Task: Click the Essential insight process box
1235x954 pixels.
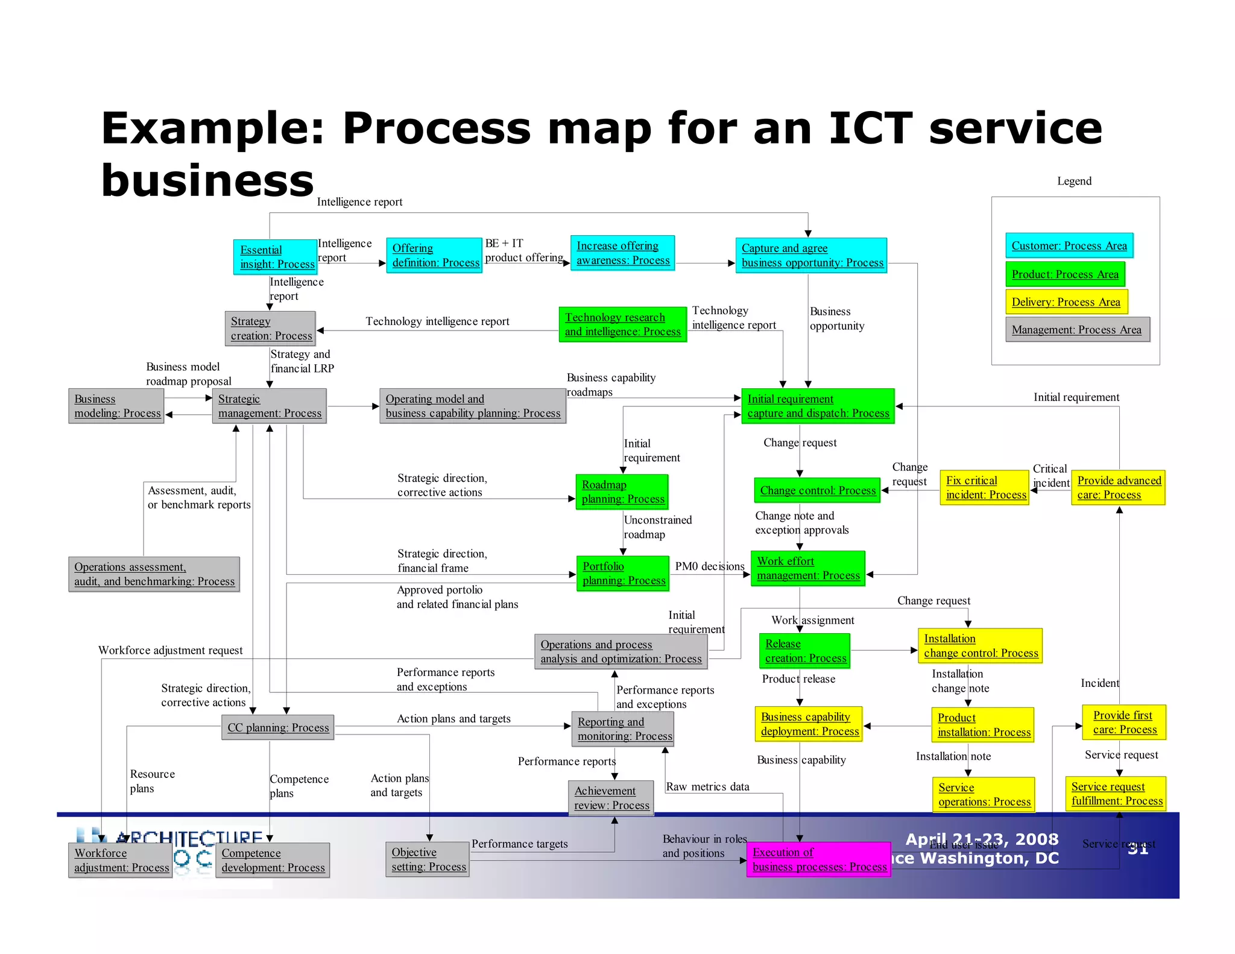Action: pos(275,257)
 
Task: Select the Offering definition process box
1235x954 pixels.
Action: pos(434,255)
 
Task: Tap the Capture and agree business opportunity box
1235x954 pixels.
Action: pos(811,255)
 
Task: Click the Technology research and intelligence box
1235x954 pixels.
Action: pos(622,324)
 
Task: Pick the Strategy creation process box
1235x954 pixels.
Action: pos(270,329)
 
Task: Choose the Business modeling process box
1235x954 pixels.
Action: pos(116,406)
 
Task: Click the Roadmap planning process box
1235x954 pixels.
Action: pos(622,492)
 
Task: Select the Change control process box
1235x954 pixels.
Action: pos(817,490)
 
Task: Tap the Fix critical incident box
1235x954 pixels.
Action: pos(984,488)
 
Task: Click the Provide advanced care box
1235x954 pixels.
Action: pos(1118,488)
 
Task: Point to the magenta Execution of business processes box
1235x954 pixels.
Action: pos(818,859)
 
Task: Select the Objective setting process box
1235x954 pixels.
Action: pos(428,859)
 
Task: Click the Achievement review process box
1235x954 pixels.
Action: pos(611,798)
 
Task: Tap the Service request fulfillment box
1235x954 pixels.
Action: pos(1116,794)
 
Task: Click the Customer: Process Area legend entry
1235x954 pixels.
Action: pos(1069,246)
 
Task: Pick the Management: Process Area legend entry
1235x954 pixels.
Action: pos(1076,330)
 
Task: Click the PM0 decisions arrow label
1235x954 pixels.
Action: pos(709,566)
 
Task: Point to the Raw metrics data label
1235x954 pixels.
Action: pos(707,786)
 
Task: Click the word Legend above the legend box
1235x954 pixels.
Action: pos(1074,181)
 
